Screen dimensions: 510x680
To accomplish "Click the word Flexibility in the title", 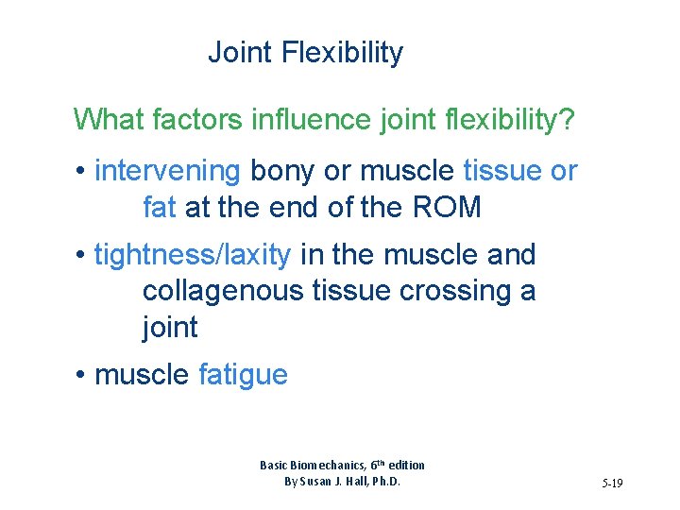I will coord(342,53).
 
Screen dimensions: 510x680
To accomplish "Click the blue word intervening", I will coord(168,171).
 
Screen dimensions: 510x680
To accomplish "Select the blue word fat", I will coord(160,207).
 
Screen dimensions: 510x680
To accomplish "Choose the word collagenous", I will coord(223,291).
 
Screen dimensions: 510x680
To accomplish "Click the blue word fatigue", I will coord(243,375).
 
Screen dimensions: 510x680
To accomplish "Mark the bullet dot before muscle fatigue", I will coord(82,376).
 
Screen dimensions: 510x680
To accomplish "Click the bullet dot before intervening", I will coord(82,172).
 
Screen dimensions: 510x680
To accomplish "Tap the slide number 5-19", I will coord(612,484).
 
